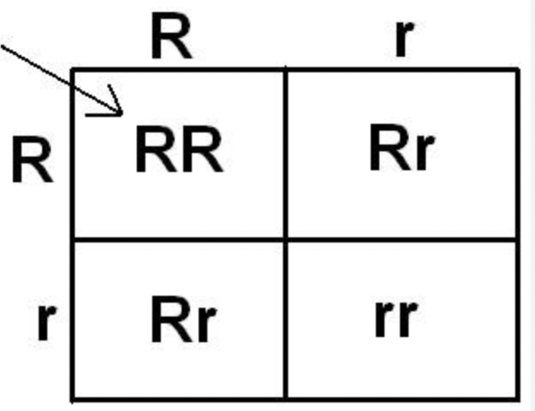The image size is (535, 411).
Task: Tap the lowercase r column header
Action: point(401,39)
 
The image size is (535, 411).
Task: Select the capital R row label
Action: point(33,162)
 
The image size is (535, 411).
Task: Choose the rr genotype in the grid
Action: point(396,317)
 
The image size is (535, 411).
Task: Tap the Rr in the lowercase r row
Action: point(181,319)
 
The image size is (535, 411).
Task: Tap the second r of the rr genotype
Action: point(407,317)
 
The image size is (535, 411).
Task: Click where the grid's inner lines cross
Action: point(285,240)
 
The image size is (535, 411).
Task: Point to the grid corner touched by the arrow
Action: point(73,70)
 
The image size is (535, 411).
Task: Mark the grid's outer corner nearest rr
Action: point(518,398)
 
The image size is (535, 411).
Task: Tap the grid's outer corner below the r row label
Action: point(73,398)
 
